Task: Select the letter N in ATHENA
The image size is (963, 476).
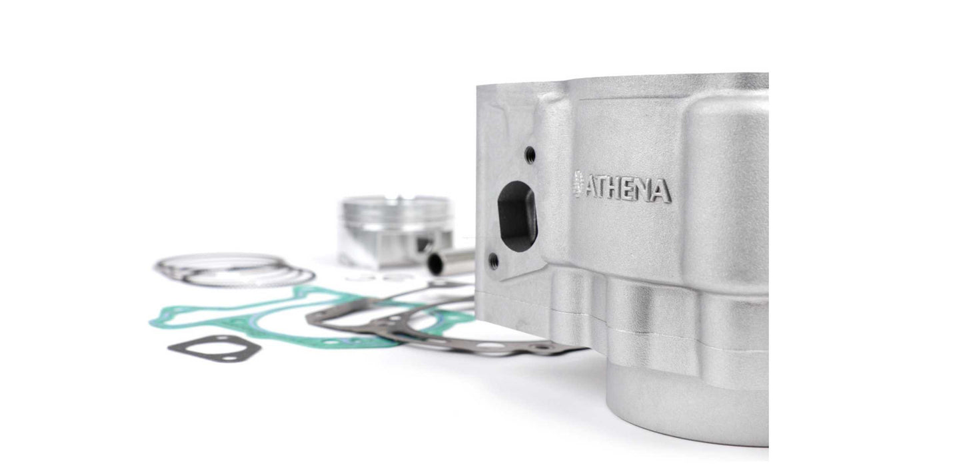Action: pyautogui.click(x=644, y=190)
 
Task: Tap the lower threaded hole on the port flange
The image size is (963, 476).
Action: pyautogui.click(x=494, y=261)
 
